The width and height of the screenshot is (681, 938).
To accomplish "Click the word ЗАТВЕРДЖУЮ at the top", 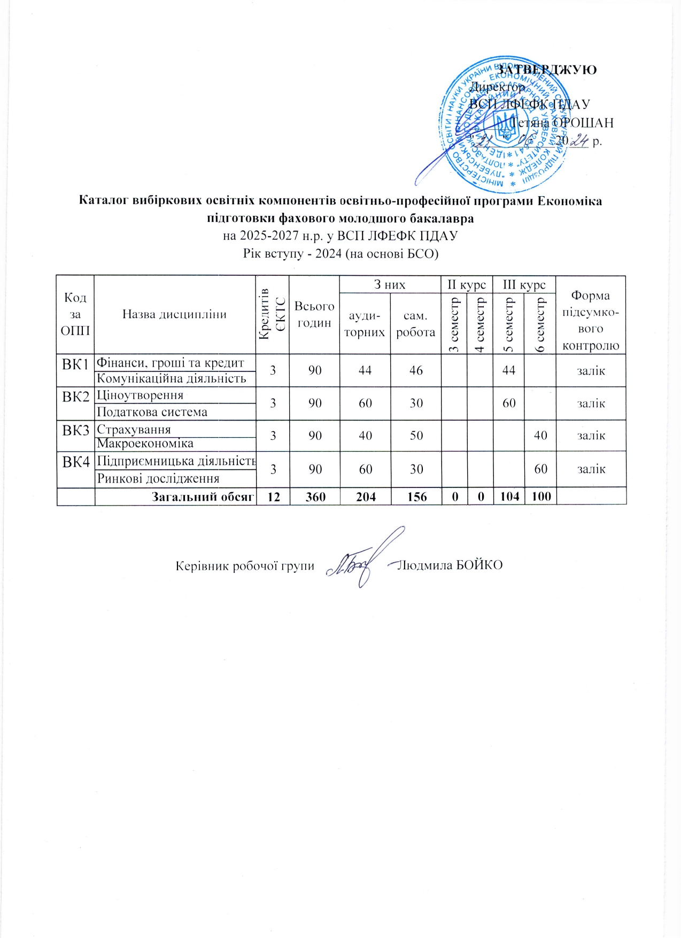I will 547,69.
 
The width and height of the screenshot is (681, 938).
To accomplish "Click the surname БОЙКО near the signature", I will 480,565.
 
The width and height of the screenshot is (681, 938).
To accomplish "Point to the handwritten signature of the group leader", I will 363,561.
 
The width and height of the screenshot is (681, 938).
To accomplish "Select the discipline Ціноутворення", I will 140,395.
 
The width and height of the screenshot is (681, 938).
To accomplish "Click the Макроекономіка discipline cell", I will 145,443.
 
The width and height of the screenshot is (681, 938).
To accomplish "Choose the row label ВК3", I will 75,430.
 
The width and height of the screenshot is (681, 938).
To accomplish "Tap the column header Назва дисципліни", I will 174,314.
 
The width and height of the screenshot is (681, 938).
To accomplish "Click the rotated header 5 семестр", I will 509,324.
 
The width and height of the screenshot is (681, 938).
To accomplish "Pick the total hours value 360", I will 315,497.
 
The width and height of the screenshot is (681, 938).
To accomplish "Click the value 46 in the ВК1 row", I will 416,370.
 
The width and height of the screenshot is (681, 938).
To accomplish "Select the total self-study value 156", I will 416,497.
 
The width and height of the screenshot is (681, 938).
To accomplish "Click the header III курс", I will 524,284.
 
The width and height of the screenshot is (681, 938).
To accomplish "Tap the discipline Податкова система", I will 152,412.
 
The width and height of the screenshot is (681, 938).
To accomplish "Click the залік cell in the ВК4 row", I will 591,469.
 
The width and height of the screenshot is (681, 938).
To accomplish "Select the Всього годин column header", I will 314,314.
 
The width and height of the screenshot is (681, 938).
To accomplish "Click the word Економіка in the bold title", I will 569,201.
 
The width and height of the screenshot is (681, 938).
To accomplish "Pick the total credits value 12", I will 273,497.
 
